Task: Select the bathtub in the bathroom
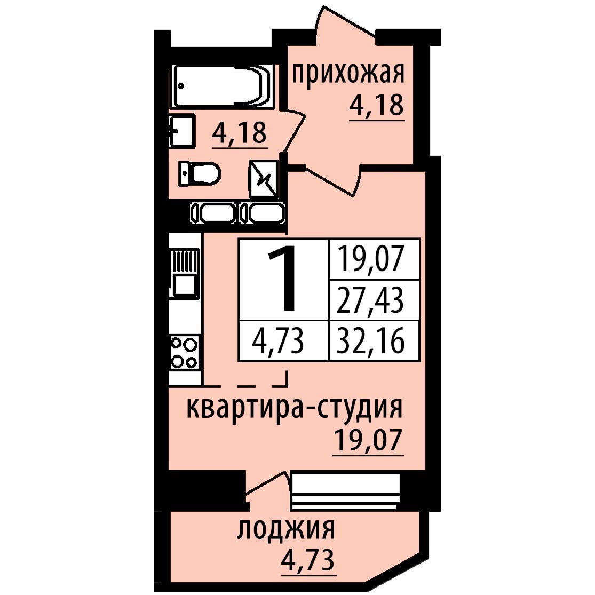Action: [x=223, y=86]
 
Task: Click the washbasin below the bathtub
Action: [x=182, y=131]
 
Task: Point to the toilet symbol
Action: [x=199, y=174]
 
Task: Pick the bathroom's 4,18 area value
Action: [x=240, y=133]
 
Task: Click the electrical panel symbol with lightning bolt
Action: [x=264, y=178]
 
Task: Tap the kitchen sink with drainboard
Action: [x=185, y=273]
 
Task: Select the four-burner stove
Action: [x=185, y=352]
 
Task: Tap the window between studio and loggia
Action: [x=345, y=491]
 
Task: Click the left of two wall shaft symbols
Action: [x=213, y=213]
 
